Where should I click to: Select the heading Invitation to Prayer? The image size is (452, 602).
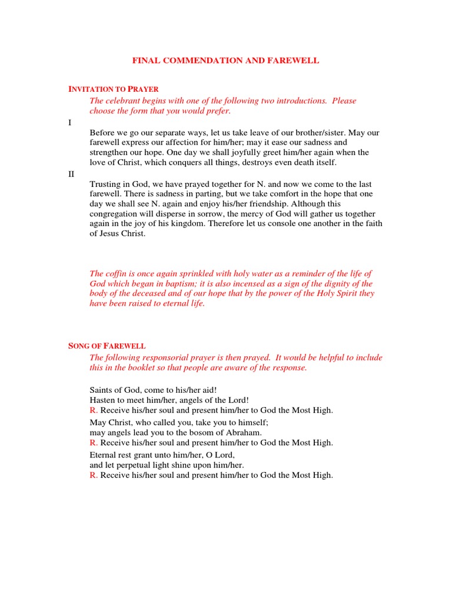coord(114,89)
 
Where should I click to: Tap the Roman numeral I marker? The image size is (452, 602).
coord(70,122)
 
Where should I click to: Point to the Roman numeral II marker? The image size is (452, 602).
coord(71,174)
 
